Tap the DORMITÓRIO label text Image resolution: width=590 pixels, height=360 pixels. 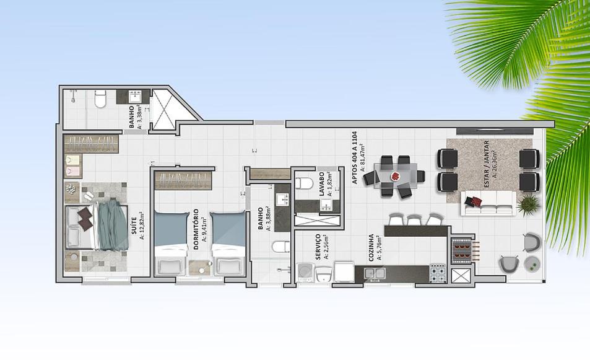pyautogui.click(x=196, y=230)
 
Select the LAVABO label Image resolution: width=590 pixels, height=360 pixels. pyautogui.click(x=322, y=185)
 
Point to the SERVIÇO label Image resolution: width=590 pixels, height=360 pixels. pyautogui.click(x=318, y=246)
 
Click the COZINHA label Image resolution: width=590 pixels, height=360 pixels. pyautogui.click(x=371, y=248)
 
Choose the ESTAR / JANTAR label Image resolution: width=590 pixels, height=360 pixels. pyautogui.click(x=487, y=164)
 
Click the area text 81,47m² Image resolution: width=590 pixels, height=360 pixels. pyautogui.click(x=363, y=158)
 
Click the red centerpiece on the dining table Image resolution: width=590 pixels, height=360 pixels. pyautogui.click(x=396, y=176)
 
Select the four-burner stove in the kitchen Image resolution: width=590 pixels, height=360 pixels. pyautogui.click(x=438, y=273)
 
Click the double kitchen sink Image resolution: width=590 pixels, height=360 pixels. pyautogui.click(x=375, y=273)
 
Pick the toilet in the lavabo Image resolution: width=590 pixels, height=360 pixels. pyautogui.click(x=304, y=183)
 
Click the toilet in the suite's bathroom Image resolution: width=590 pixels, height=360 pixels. pyautogui.click(x=100, y=99)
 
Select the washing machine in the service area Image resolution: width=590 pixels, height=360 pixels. pyautogui.click(x=305, y=273)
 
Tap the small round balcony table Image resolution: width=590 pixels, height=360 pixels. pyautogui.click(x=532, y=265)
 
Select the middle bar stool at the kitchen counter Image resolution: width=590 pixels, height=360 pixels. pyautogui.click(x=414, y=219)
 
